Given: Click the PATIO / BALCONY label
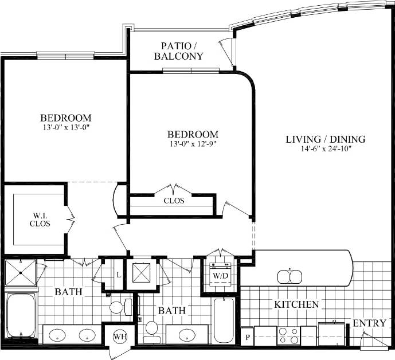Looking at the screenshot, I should click(182, 50).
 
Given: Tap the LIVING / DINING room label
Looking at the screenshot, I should click(325, 139).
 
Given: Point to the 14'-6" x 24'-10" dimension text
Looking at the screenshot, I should click(326, 148).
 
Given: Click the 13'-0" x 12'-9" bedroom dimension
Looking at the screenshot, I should click(193, 144).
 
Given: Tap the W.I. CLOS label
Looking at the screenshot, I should click(40, 219).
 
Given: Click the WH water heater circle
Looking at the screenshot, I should click(120, 336).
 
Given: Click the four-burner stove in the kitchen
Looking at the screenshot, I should click(288, 335).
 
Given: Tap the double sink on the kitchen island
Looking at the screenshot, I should click(290, 276).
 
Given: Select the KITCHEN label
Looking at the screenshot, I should click(296, 304).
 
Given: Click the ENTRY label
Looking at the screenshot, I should click(369, 323).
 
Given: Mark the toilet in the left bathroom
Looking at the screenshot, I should click(117, 307).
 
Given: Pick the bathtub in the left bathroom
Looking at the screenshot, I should click(21, 315).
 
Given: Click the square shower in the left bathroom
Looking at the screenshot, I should click(21, 272).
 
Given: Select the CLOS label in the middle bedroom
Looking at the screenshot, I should click(173, 201).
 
